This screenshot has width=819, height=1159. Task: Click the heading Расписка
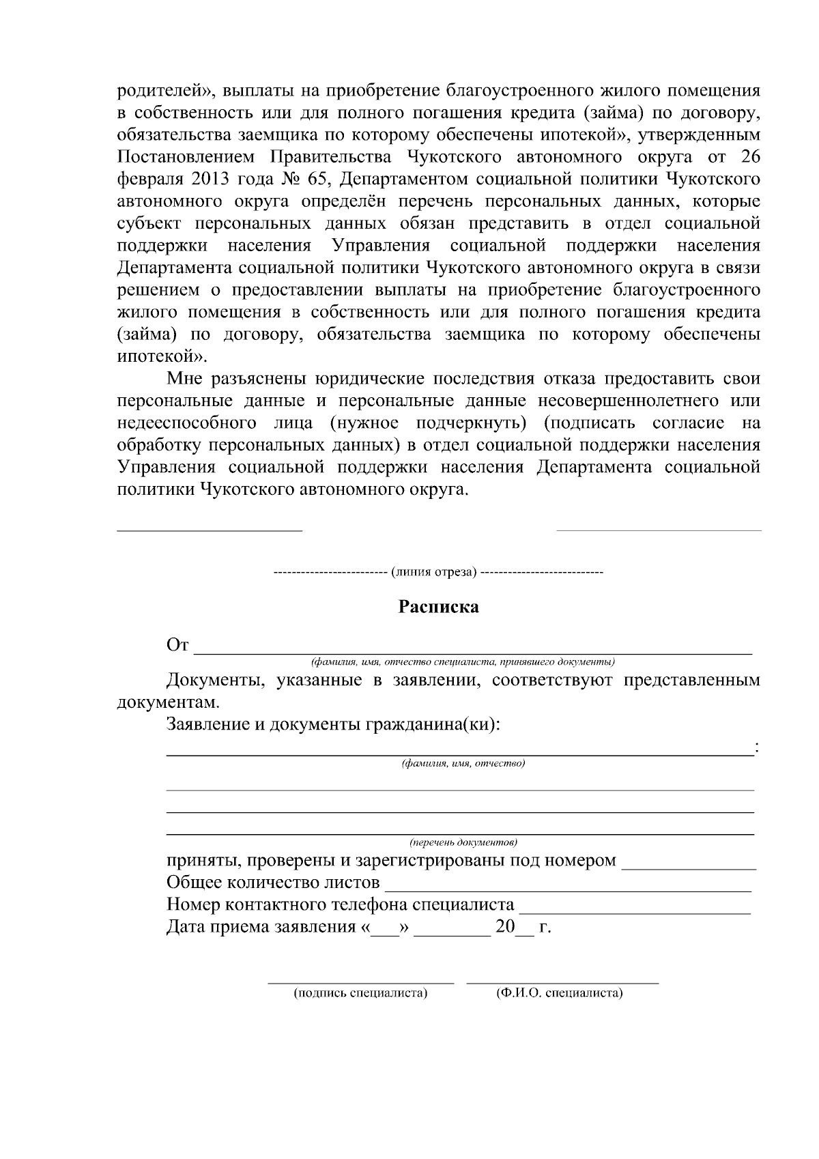pyautogui.click(x=438, y=607)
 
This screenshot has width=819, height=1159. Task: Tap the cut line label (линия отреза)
pyautogui.click(x=433, y=571)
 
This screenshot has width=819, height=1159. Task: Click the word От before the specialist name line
pyautogui.click(x=177, y=645)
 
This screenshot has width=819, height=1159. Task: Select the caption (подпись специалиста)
pyautogui.click(x=360, y=993)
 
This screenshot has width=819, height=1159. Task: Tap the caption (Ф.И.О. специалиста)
pyautogui.click(x=560, y=993)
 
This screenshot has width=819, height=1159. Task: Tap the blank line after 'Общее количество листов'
pyautogui.click(x=568, y=884)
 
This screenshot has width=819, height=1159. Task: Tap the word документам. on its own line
pyautogui.click(x=169, y=702)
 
